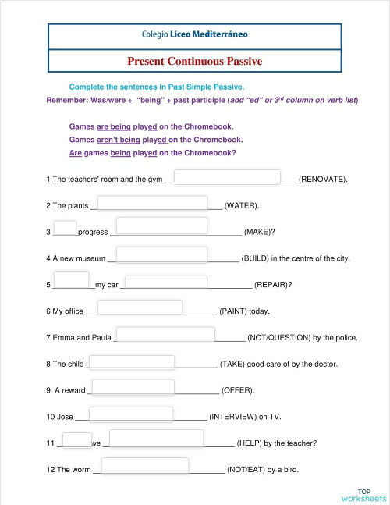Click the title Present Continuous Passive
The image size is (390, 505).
click(x=195, y=60)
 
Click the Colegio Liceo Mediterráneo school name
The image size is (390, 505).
click(x=195, y=35)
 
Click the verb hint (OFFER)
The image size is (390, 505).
click(x=237, y=390)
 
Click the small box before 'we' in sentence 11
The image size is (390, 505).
click(x=76, y=439)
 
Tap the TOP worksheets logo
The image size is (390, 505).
click(x=363, y=494)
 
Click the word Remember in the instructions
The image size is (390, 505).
click(x=66, y=101)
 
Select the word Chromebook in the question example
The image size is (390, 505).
click(x=210, y=153)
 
